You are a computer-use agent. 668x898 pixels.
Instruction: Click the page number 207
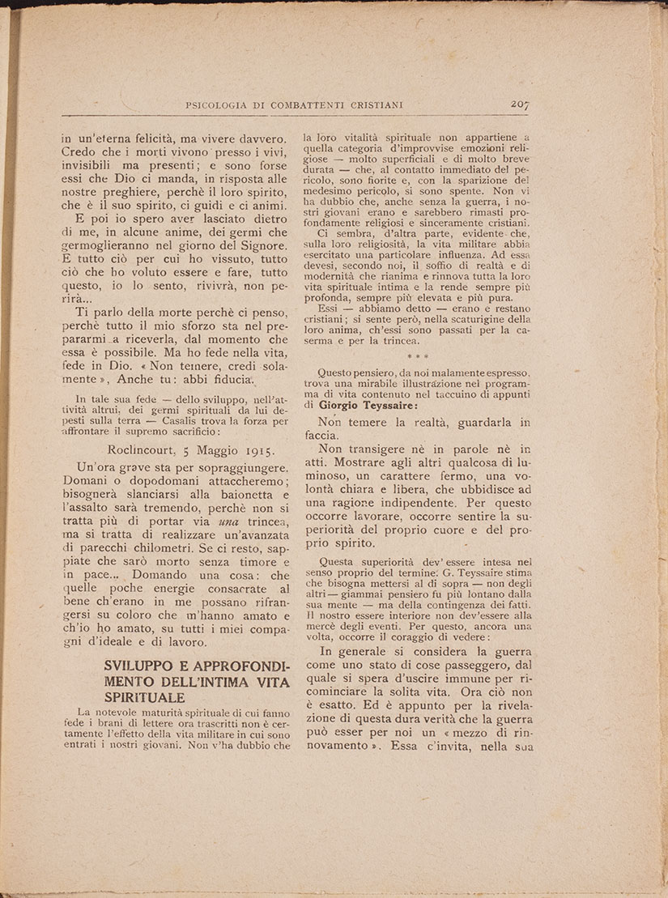pyautogui.click(x=519, y=104)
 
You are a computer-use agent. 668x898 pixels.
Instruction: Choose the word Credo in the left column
pyautogui.click(x=80, y=154)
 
